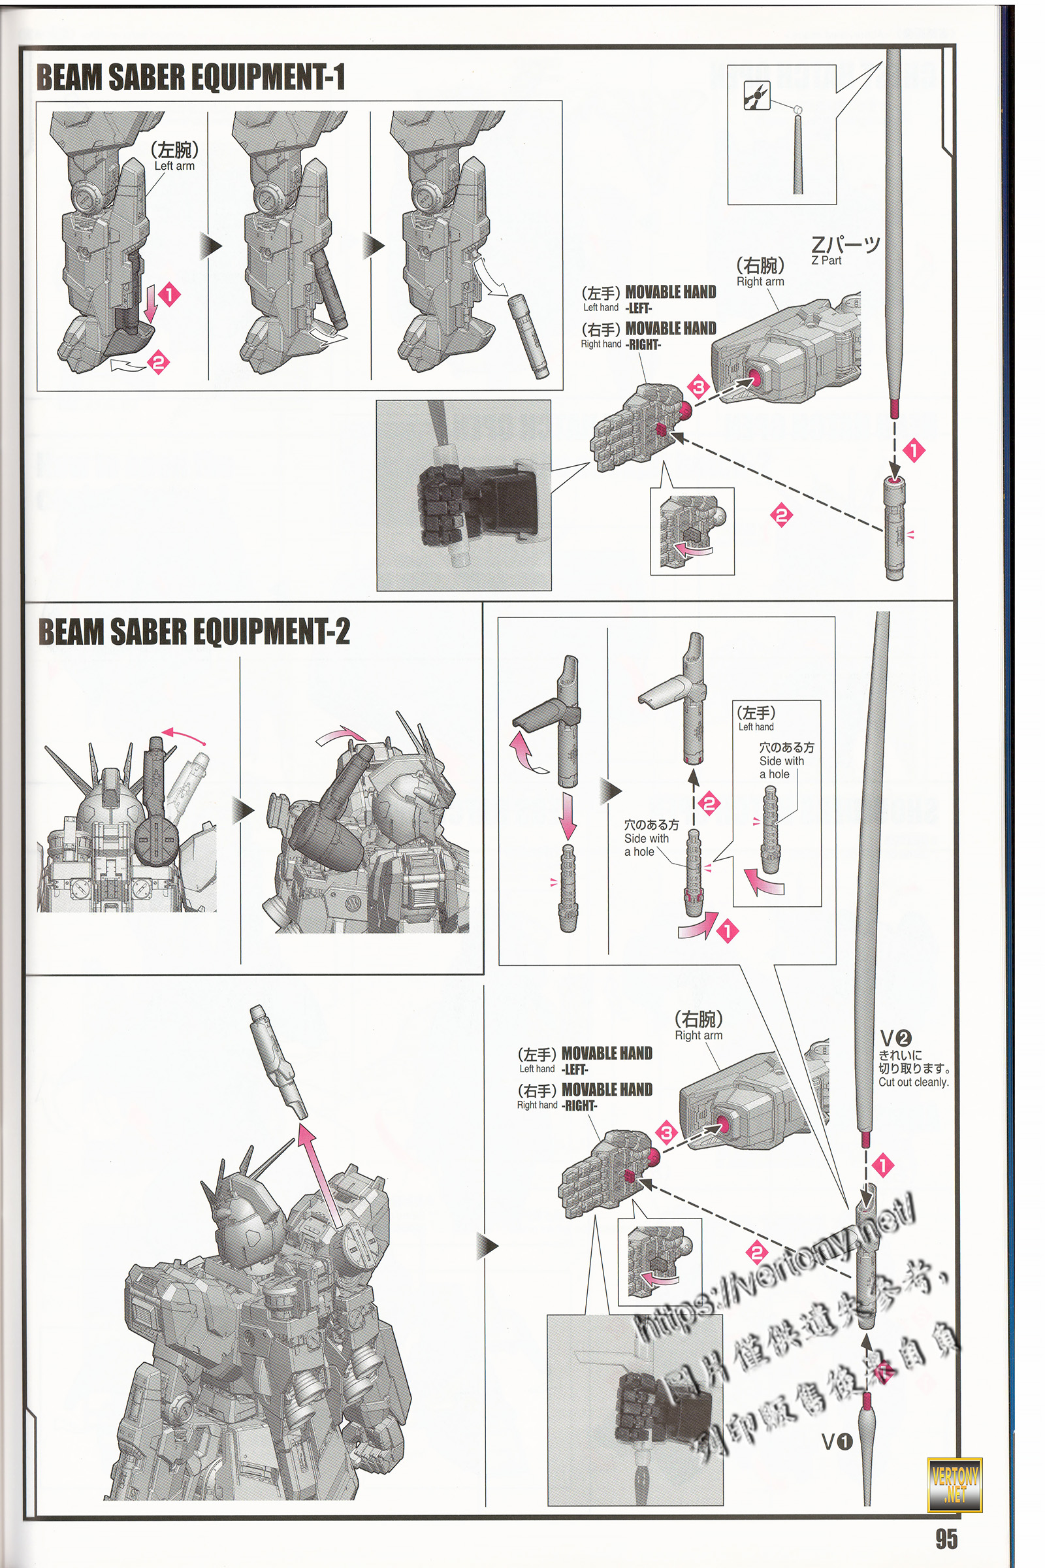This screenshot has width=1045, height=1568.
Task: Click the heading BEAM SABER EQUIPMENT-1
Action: pyautogui.click(x=191, y=77)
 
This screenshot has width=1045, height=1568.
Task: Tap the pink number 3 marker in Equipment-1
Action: pyautogui.click(x=698, y=387)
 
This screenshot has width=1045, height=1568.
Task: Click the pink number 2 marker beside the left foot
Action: pyautogui.click(x=158, y=362)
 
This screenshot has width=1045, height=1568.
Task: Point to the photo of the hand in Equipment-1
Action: pyautogui.click(x=464, y=495)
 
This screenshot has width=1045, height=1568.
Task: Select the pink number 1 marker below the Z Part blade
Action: pyautogui.click(x=914, y=451)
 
